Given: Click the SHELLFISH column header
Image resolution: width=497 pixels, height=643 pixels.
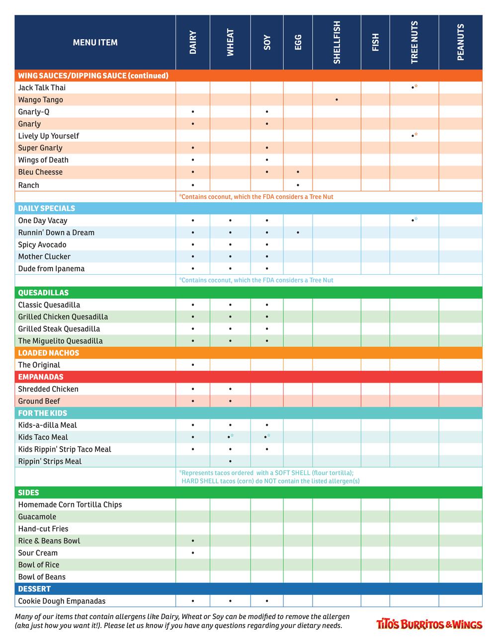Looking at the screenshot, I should (336, 42).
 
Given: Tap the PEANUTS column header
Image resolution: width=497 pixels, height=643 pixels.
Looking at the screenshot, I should (460, 42).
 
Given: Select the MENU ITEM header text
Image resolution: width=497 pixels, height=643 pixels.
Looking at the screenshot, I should (95, 42).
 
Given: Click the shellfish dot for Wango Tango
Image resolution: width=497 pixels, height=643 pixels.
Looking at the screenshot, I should (336, 100).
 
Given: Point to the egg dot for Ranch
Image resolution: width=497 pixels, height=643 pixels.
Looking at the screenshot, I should (298, 185).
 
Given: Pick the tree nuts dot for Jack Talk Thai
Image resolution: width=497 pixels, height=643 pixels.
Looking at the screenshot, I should (413, 88).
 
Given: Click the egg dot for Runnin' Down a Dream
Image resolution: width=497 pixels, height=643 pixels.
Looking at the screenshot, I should (298, 233).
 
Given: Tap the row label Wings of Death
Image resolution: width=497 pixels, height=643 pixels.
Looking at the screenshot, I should (43, 160).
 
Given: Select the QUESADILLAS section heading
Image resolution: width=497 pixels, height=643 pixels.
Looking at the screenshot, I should (43, 293).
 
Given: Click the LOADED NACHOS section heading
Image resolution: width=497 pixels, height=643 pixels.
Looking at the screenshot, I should (49, 353).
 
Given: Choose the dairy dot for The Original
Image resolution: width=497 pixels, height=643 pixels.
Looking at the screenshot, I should (193, 365).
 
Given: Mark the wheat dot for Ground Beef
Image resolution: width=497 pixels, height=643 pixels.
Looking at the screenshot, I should (230, 401).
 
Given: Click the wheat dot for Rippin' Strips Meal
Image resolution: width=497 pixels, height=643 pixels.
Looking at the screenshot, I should (230, 462).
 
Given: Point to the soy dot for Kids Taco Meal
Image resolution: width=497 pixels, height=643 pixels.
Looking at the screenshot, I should (266, 437).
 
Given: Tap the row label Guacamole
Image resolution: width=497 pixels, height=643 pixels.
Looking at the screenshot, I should (37, 517).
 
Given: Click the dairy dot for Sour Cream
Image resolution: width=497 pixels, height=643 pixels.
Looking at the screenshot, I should (193, 553).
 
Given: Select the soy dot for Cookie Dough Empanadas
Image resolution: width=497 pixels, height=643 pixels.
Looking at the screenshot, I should (267, 601).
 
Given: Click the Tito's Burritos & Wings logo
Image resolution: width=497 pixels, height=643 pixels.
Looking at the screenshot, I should (429, 624).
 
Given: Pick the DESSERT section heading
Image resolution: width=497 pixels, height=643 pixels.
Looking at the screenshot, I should (34, 589).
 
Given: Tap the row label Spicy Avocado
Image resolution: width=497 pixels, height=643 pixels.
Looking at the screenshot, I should (42, 244).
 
